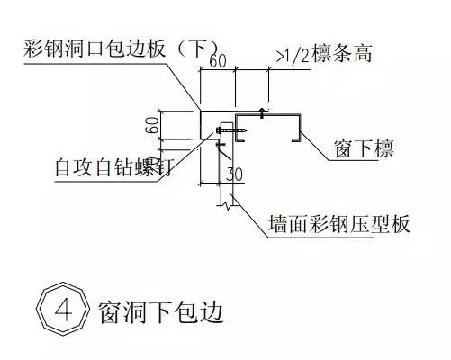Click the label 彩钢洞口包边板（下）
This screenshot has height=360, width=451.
click(x=122, y=49)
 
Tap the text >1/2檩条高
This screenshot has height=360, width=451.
click(x=324, y=54)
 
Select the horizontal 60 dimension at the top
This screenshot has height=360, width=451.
click(x=218, y=61)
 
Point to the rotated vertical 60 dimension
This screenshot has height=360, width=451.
click(x=152, y=125)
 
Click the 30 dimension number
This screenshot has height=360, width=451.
click(x=234, y=174)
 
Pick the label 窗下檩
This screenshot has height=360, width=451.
click(x=364, y=148)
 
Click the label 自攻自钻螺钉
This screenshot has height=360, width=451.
click(x=114, y=167)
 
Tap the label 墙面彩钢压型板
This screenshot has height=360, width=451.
click(x=339, y=224)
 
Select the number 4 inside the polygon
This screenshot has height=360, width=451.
click(x=64, y=310)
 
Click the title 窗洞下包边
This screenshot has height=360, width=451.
click(x=161, y=312)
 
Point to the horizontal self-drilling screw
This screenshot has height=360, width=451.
click(x=231, y=130)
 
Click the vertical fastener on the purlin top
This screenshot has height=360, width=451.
click(x=262, y=113)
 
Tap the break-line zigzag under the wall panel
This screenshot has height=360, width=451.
click(x=227, y=206)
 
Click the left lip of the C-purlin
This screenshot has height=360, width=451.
click(x=239, y=140)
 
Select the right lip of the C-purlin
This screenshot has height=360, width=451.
click(x=296, y=139)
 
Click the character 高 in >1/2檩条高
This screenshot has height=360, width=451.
click(x=363, y=54)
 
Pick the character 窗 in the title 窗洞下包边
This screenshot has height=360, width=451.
click(x=109, y=312)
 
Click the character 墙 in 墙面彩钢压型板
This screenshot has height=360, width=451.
click(x=278, y=224)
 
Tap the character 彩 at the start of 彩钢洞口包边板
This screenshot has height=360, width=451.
click(x=33, y=49)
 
